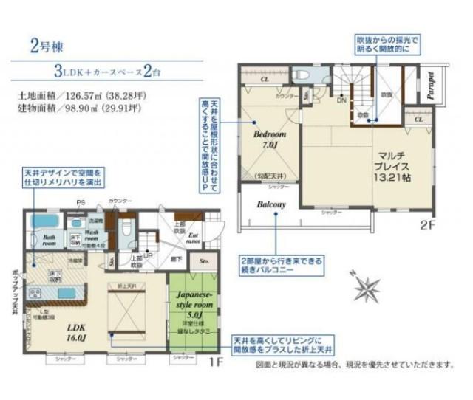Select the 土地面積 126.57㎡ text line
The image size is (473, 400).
pyautogui.click(x=81, y=95)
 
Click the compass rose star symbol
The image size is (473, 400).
pyautogui.click(x=362, y=286)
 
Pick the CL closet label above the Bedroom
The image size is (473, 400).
pyautogui.click(x=264, y=77)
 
